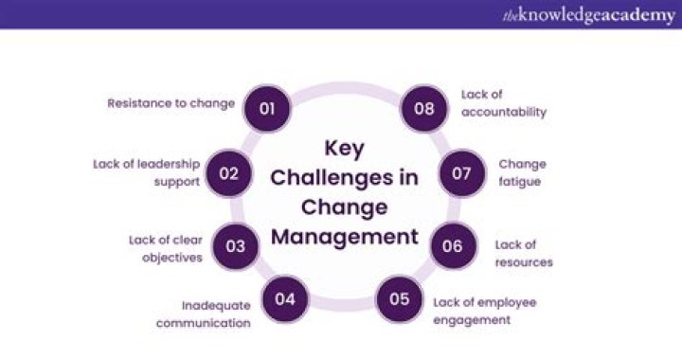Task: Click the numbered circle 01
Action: [266, 108]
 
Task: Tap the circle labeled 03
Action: [236, 246]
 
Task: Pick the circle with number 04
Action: [286, 300]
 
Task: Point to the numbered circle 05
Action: [399, 300]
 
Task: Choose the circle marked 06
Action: [452, 246]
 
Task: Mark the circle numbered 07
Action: [461, 172]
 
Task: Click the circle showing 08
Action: [423, 108]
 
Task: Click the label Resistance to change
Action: [171, 103]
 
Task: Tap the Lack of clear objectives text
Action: [166, 248]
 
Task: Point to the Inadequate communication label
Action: [216, 314]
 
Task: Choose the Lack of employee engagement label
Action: [485, 311]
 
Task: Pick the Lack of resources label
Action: [523, 252]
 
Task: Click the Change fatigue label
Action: [522, 172]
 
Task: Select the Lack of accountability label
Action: [504, 103]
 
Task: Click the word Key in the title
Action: [344, 149]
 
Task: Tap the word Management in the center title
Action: [345, 236]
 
